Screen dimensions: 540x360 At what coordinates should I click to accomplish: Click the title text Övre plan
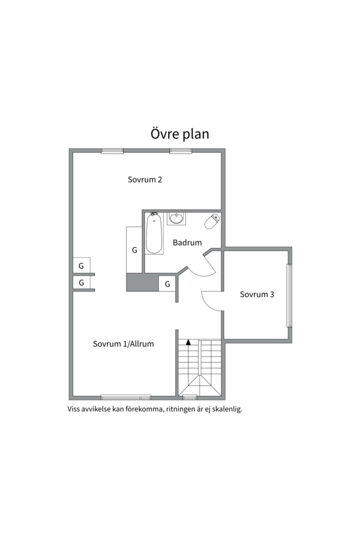pyautogui.click(x=179, y=134)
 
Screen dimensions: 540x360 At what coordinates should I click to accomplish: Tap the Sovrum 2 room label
pyautogui.click(x=144, y=180)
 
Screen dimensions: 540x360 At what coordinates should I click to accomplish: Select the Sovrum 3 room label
pyautogui.click(x=257, y=294)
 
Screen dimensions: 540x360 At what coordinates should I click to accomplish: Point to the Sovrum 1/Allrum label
pyautogui.click(x=123, y=344)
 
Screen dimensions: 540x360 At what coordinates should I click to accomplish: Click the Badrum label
pyautogui.click(x=187, y=243)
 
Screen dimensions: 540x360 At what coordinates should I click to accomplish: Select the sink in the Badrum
pyautogui.click(x=176, y=218)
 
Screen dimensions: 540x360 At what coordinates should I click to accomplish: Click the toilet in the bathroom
pyautogui.click(x=212, y=221)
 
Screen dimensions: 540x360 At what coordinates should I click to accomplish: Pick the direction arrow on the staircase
pyautogui.click(x=188, y=342)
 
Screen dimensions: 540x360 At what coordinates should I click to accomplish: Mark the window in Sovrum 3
pyautogui.click(x=288, y=295)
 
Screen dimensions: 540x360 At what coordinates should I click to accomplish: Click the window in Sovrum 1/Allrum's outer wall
pyautogui.click(x=125, y=397)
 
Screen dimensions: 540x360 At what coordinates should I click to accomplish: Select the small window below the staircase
pyautogui.click(x=189, y=397)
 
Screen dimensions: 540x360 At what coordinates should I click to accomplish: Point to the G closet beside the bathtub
pyautogui.click(x=134, y=250)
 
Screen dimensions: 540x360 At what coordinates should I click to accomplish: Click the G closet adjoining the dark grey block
pyautogui.click(x=167, y=284)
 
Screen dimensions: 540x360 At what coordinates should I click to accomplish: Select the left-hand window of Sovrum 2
pyautogui.click(x=112, y=150)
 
